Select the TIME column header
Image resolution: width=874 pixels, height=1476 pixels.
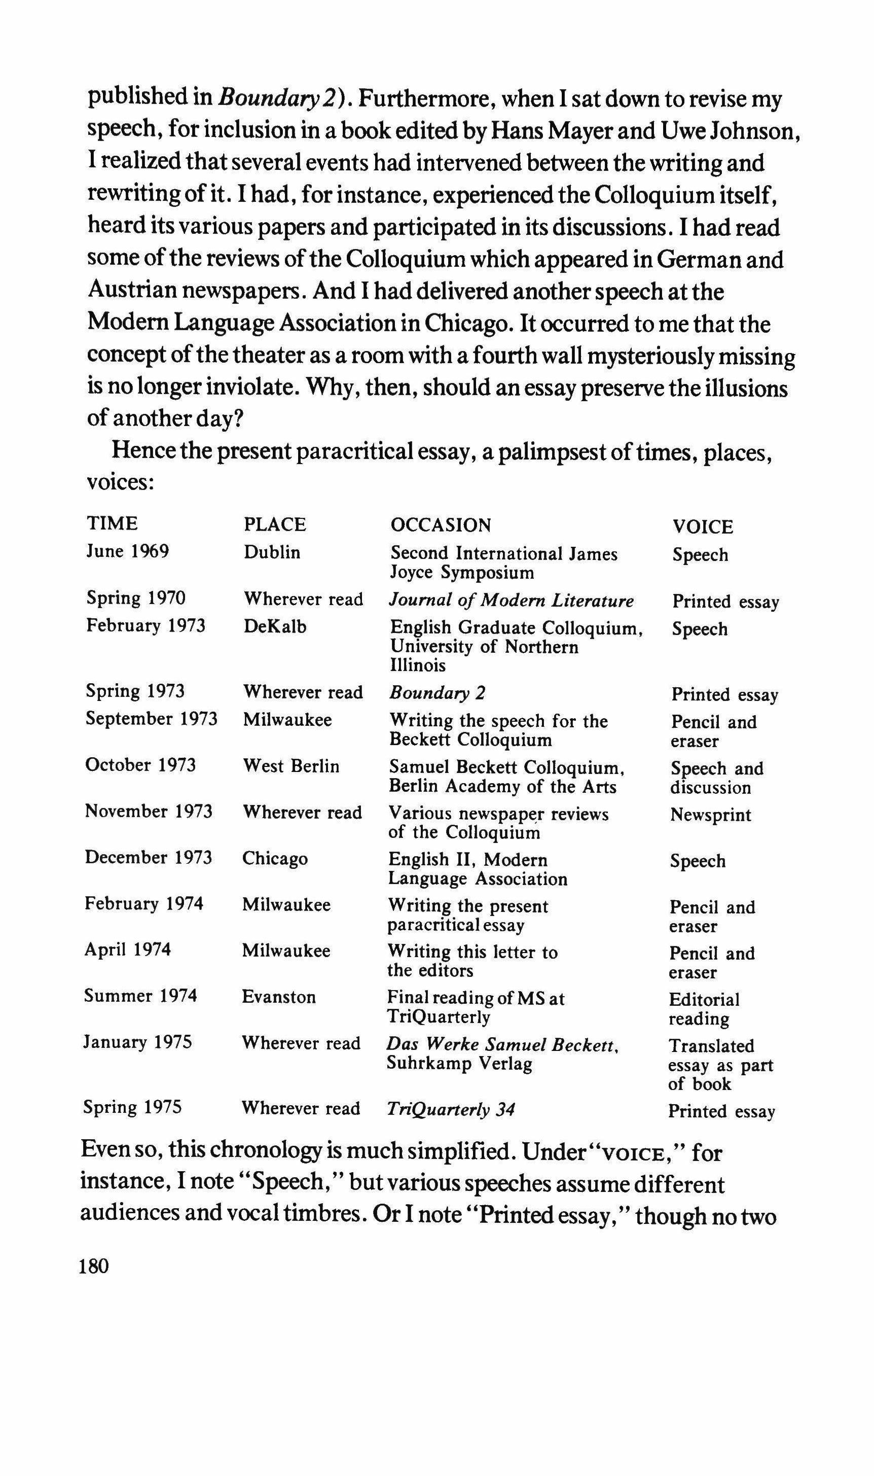point(112,523)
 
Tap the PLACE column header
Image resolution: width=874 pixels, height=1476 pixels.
point(275,524)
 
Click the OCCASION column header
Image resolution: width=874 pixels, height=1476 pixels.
point(441,525)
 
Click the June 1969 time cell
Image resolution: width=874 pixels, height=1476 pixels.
point(128,551)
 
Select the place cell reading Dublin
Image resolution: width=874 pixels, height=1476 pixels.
point(272,553)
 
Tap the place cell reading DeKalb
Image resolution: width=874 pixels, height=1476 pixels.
point(275,626)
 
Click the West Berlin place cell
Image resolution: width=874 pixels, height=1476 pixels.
point(291,766)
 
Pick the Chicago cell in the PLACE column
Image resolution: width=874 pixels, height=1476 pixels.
point(274,859)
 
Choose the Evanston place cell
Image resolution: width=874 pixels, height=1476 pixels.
point(278,997)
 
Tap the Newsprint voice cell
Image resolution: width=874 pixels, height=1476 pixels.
point(710,815)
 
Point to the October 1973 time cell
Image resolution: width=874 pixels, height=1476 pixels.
point(140,765)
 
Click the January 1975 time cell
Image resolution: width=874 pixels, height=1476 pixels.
point(138,1042)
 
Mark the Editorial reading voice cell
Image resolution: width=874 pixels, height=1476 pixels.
point(704,1009)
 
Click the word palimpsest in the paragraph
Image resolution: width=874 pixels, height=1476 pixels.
point(564,452)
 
